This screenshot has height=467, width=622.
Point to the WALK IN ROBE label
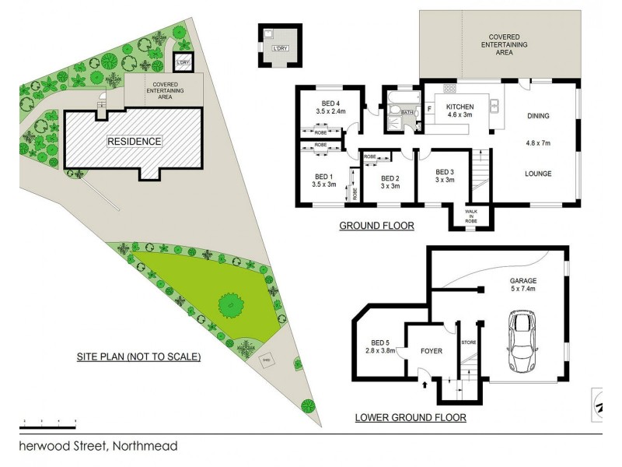(x=471, y=216)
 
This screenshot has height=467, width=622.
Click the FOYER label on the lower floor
(x=431, y=351)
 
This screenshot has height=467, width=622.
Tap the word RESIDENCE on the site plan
(x=135, y=142)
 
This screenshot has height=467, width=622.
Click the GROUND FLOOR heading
(x=376, y=226)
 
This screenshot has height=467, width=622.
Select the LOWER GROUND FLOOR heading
(x=411, y=417)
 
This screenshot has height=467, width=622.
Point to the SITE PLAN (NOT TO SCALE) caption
(x=139, y=357)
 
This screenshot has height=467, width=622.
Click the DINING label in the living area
(x=538, y=116)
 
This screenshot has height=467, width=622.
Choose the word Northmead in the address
(x=145, y=446)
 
